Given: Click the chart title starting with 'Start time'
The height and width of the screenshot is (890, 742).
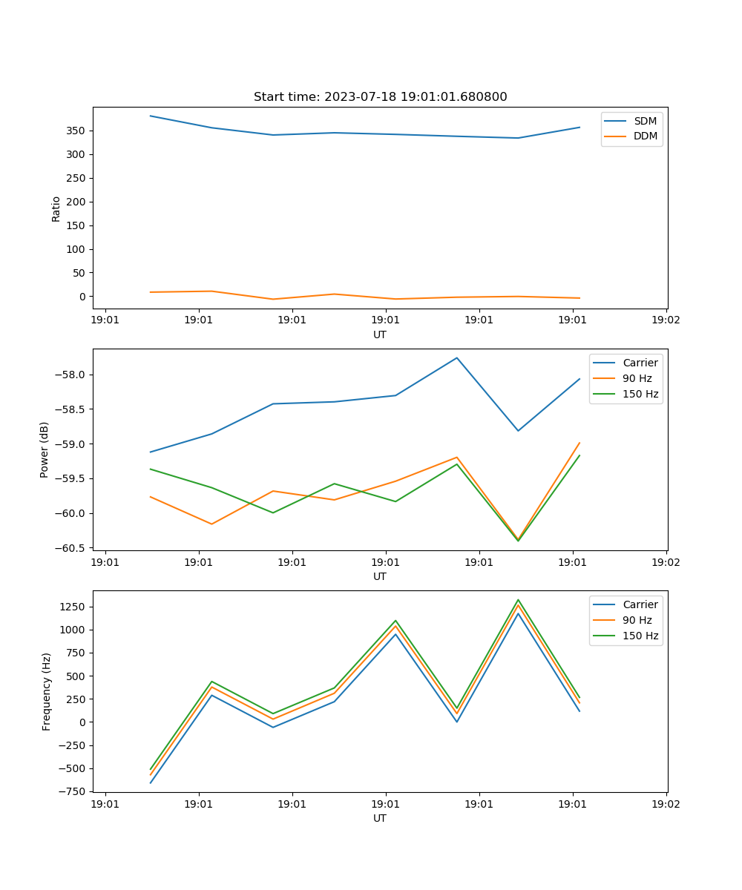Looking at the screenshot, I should pyautogui.click(x=380, y=97).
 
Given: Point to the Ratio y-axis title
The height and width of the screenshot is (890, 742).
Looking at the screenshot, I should pyautogui.click(x=56, y=208).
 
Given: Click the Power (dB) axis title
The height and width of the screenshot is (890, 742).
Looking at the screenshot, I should pyautogui.click(x=45, y=449).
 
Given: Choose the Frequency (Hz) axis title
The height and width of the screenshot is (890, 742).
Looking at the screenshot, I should pyautogui.click(x=47, y=691).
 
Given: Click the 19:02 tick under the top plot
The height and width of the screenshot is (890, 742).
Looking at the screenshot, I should pyautogui.click(x=666, y=320).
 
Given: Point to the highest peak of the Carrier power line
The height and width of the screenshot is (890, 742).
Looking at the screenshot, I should pyautogui.click(x=457, y=357).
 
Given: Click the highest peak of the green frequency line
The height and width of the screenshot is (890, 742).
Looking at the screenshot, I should pyautogui.click(x=518, y=599).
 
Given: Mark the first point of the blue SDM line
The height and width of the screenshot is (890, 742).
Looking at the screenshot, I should pyautogui.click(x=151, y=116).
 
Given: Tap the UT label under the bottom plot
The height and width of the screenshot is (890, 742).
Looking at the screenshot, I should pyautogui.click(x=379, y=818).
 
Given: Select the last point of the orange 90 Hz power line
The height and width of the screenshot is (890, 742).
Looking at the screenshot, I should pyautogui.click(x=580, y=443).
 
